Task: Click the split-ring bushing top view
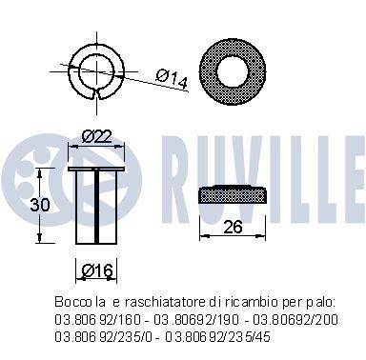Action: (x=94, y=70)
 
